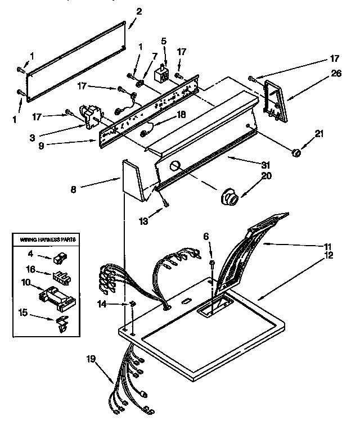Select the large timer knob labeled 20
pyautogui.click(x=229, y=197)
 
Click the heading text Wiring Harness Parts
pyautogui.click(x=44, y=239)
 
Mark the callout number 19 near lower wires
pyautogui.click(x=91, y=357)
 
